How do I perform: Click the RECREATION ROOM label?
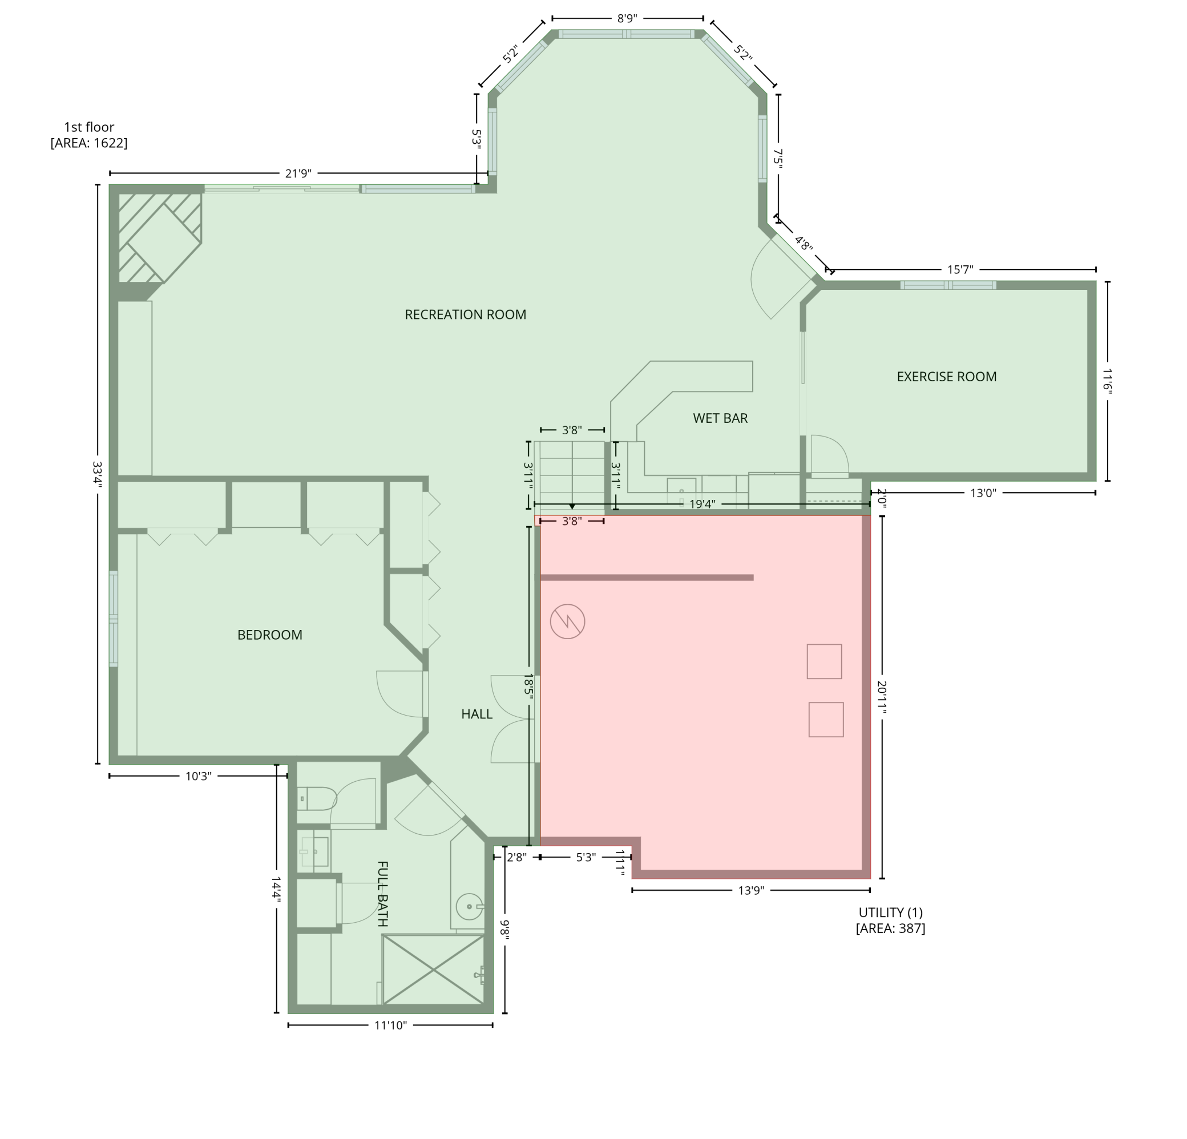tap(465, 315)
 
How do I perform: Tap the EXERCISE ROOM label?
tap(947, 377)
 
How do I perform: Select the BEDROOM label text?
tap(269, 635)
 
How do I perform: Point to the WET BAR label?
tap(720, 418)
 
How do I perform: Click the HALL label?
tap(477, 714)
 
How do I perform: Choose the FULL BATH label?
tap(383, 893)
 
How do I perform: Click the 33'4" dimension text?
tap(97, 474)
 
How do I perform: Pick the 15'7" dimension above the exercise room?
tap(960, 269)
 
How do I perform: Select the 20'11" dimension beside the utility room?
tap(882, 697)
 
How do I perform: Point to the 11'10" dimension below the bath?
tap(390, 1025)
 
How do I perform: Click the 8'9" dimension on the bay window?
tap(627, 18)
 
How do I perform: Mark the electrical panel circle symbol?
tap(567, 621)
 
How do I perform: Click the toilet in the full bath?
tap(317, 799)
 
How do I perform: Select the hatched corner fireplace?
tap(159, 238)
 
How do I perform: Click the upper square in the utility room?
tap(824, 661)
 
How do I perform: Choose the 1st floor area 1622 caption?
tap(89, 135)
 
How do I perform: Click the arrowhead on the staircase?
tap(572, 506)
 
